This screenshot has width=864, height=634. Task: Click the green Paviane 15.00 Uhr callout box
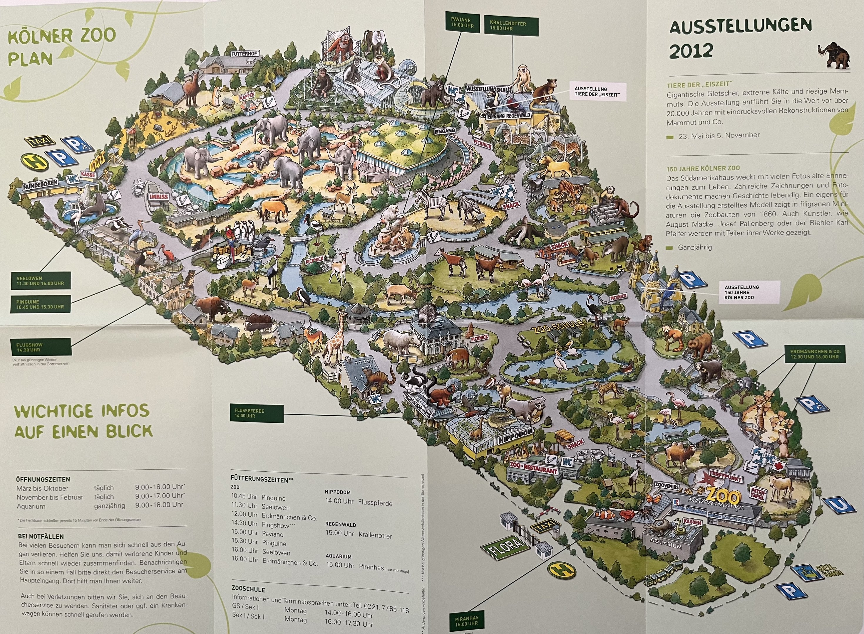460,23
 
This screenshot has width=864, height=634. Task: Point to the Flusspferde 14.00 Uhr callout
256,413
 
